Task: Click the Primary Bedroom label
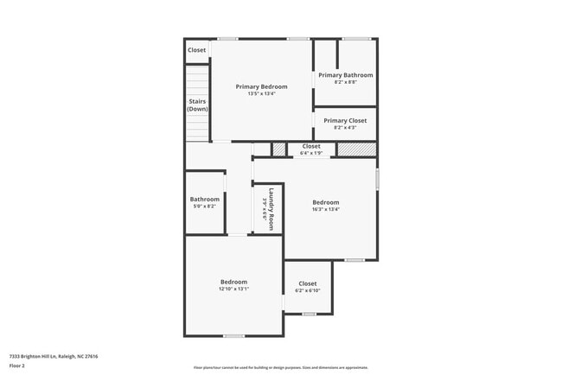pos(261,86)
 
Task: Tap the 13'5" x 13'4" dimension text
pos(261,94)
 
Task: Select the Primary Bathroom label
pos(345,75)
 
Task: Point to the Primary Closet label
pos(345,121)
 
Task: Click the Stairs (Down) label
pos(198,105)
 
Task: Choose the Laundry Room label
pos(271,208)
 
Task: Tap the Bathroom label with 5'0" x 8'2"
pos(205,200)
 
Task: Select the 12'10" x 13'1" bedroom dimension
pos(233,289)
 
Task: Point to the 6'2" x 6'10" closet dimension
pos(308,291)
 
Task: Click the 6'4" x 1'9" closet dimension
pos(310,153)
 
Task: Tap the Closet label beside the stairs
pos(197,50)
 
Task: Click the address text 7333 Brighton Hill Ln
pos(54,356)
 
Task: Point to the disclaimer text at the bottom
pos(280,368)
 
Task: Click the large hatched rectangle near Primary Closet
pos(355,149)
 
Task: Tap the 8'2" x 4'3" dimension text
pos(345,128)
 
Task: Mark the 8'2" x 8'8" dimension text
pos(345,82)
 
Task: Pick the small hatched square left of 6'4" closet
pos(278,149)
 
